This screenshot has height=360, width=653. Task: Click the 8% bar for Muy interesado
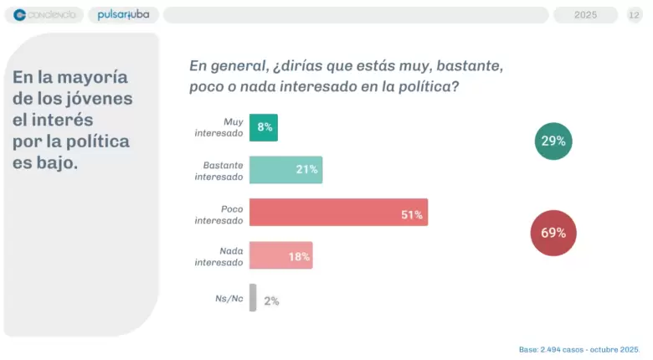click(264, 127)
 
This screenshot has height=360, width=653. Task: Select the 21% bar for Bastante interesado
click(285, 170)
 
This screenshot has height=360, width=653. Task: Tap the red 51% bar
click(338, 212)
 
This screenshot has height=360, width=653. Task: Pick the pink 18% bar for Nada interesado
click(281, 255)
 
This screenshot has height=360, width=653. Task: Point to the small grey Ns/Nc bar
click(253, 297)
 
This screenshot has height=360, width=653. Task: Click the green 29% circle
click(553, 141)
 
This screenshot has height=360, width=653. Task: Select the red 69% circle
click(553, 233)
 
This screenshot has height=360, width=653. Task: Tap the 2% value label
click(271, 301)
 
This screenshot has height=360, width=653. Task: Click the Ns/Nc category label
click(229, 298)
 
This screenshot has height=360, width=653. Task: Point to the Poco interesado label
click(219, 214)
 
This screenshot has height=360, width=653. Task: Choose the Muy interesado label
click(219, 127)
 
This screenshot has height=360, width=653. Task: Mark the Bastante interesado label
click(219, 171)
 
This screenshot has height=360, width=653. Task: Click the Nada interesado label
click(219, 257)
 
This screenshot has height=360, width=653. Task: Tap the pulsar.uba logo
click(123, 14)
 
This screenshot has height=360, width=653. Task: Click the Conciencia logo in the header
click(44, 15)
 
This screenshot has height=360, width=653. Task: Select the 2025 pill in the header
click(585, 15)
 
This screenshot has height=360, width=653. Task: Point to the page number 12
click(634, 15)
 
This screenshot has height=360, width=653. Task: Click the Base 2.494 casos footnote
click(578, 350)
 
